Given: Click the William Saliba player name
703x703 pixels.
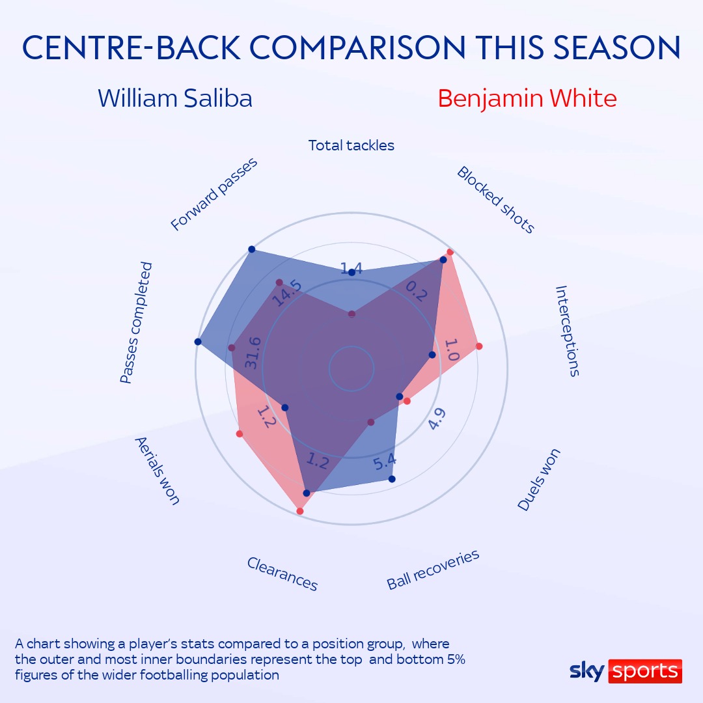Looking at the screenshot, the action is point(175,98).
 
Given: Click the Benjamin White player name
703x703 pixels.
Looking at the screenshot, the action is point(527,99).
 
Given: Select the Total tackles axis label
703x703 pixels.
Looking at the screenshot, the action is point(351,145).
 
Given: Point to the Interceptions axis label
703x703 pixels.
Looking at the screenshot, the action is point(568,331).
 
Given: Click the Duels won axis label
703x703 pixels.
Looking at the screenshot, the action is point(539,479).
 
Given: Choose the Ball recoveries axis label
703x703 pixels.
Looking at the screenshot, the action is point(433,570).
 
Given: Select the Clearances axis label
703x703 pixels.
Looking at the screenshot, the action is point(283,574).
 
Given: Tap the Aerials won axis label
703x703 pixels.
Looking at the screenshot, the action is point(158,471).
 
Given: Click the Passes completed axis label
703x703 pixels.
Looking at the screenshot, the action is point(136,323).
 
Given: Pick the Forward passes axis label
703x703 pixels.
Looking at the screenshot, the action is point(214,194).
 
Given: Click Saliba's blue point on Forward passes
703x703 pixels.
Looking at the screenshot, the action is point(251,249).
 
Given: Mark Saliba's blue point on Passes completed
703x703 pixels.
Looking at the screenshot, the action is point(198,342).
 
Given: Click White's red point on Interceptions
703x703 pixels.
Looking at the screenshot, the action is point(479,346).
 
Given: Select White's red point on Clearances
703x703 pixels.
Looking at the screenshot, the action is point(300,511).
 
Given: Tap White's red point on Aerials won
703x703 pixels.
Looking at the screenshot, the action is point(240,434).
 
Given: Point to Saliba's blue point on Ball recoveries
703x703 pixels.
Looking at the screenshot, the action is point(392,479).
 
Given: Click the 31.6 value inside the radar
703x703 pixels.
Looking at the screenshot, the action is point(253,353).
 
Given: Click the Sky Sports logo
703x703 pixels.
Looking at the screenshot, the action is point(626,671).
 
